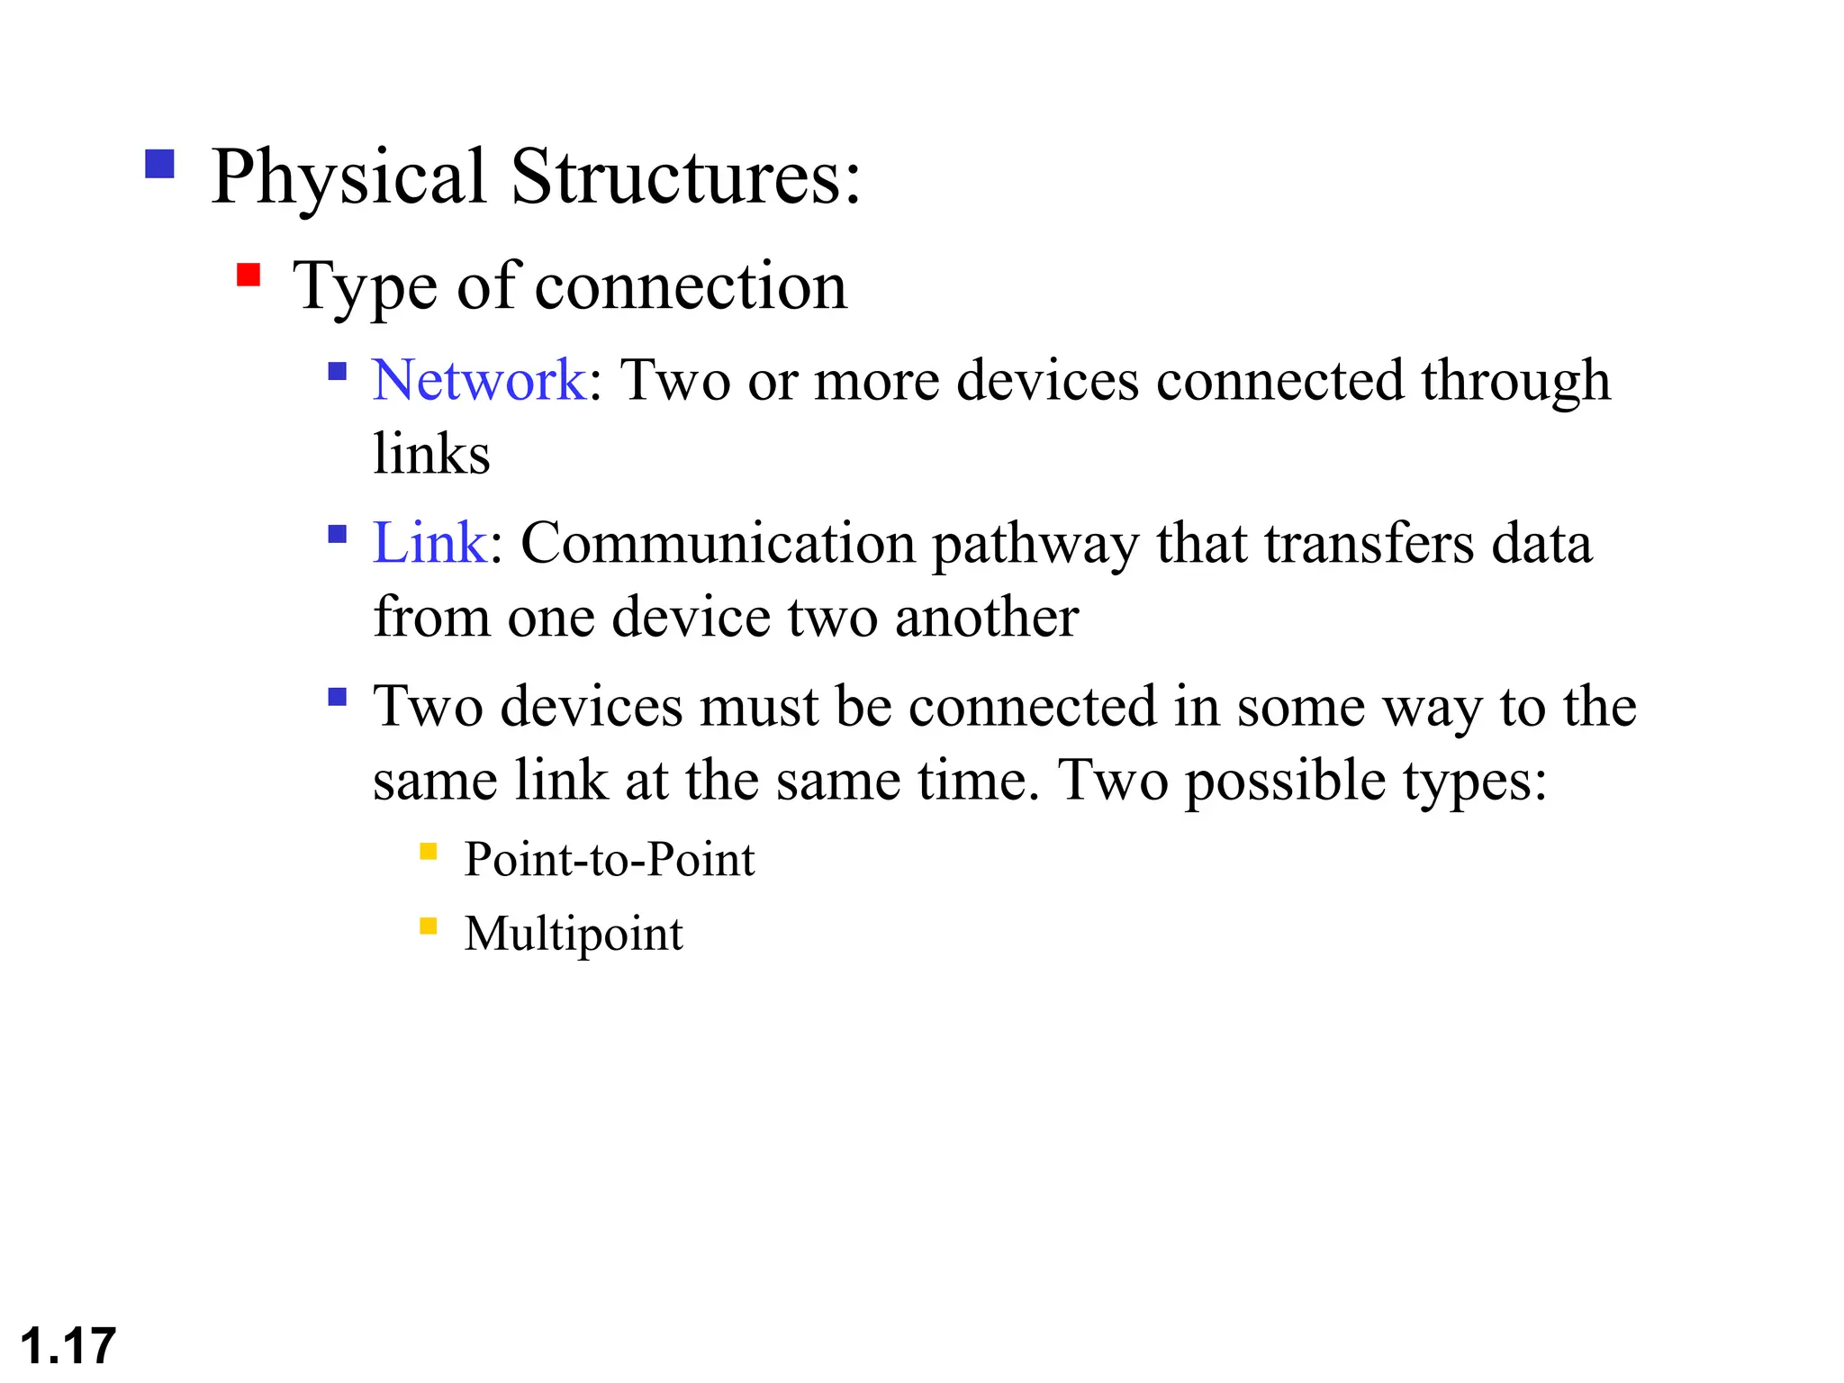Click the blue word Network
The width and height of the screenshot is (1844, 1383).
coord(478,380)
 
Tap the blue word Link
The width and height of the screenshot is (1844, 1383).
coord(429,543)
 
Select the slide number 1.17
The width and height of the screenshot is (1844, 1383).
coord(68,1346)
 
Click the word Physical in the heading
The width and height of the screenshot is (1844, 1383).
coord(348,177)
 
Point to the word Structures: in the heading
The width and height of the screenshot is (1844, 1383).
coord(685,177)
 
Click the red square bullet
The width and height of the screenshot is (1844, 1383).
coord(249,275)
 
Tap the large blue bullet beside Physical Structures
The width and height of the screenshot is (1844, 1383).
coord(159,164)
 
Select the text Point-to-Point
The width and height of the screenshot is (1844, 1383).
coord(609,860)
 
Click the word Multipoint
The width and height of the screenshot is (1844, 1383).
coord(574,934)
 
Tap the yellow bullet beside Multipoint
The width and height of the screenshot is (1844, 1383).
coord(429,926)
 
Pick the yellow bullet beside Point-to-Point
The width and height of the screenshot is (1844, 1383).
coord(429,851)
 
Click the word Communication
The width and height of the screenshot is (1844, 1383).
coord(718,543)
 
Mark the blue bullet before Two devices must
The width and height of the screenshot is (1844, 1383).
coord(338,697)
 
